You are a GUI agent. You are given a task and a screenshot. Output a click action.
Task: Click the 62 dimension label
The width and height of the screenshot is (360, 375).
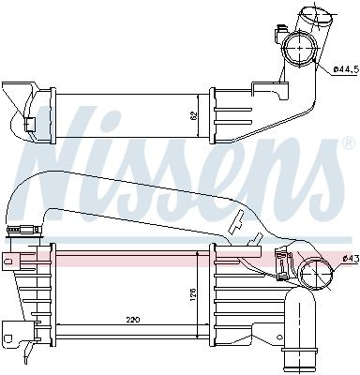(x=194, y=116)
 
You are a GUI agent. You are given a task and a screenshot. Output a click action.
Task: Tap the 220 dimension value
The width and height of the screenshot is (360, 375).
(x=133, y=320)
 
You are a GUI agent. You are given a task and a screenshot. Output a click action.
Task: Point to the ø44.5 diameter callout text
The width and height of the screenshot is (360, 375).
(x=345, y=69)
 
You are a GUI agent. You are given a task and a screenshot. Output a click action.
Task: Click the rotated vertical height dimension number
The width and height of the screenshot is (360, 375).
(x=193, y=294)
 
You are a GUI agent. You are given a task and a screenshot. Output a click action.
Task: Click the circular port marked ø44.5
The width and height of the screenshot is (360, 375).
(x=299, y=49)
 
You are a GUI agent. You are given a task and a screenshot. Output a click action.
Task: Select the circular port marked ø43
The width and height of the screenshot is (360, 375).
(x=316, y=273)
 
